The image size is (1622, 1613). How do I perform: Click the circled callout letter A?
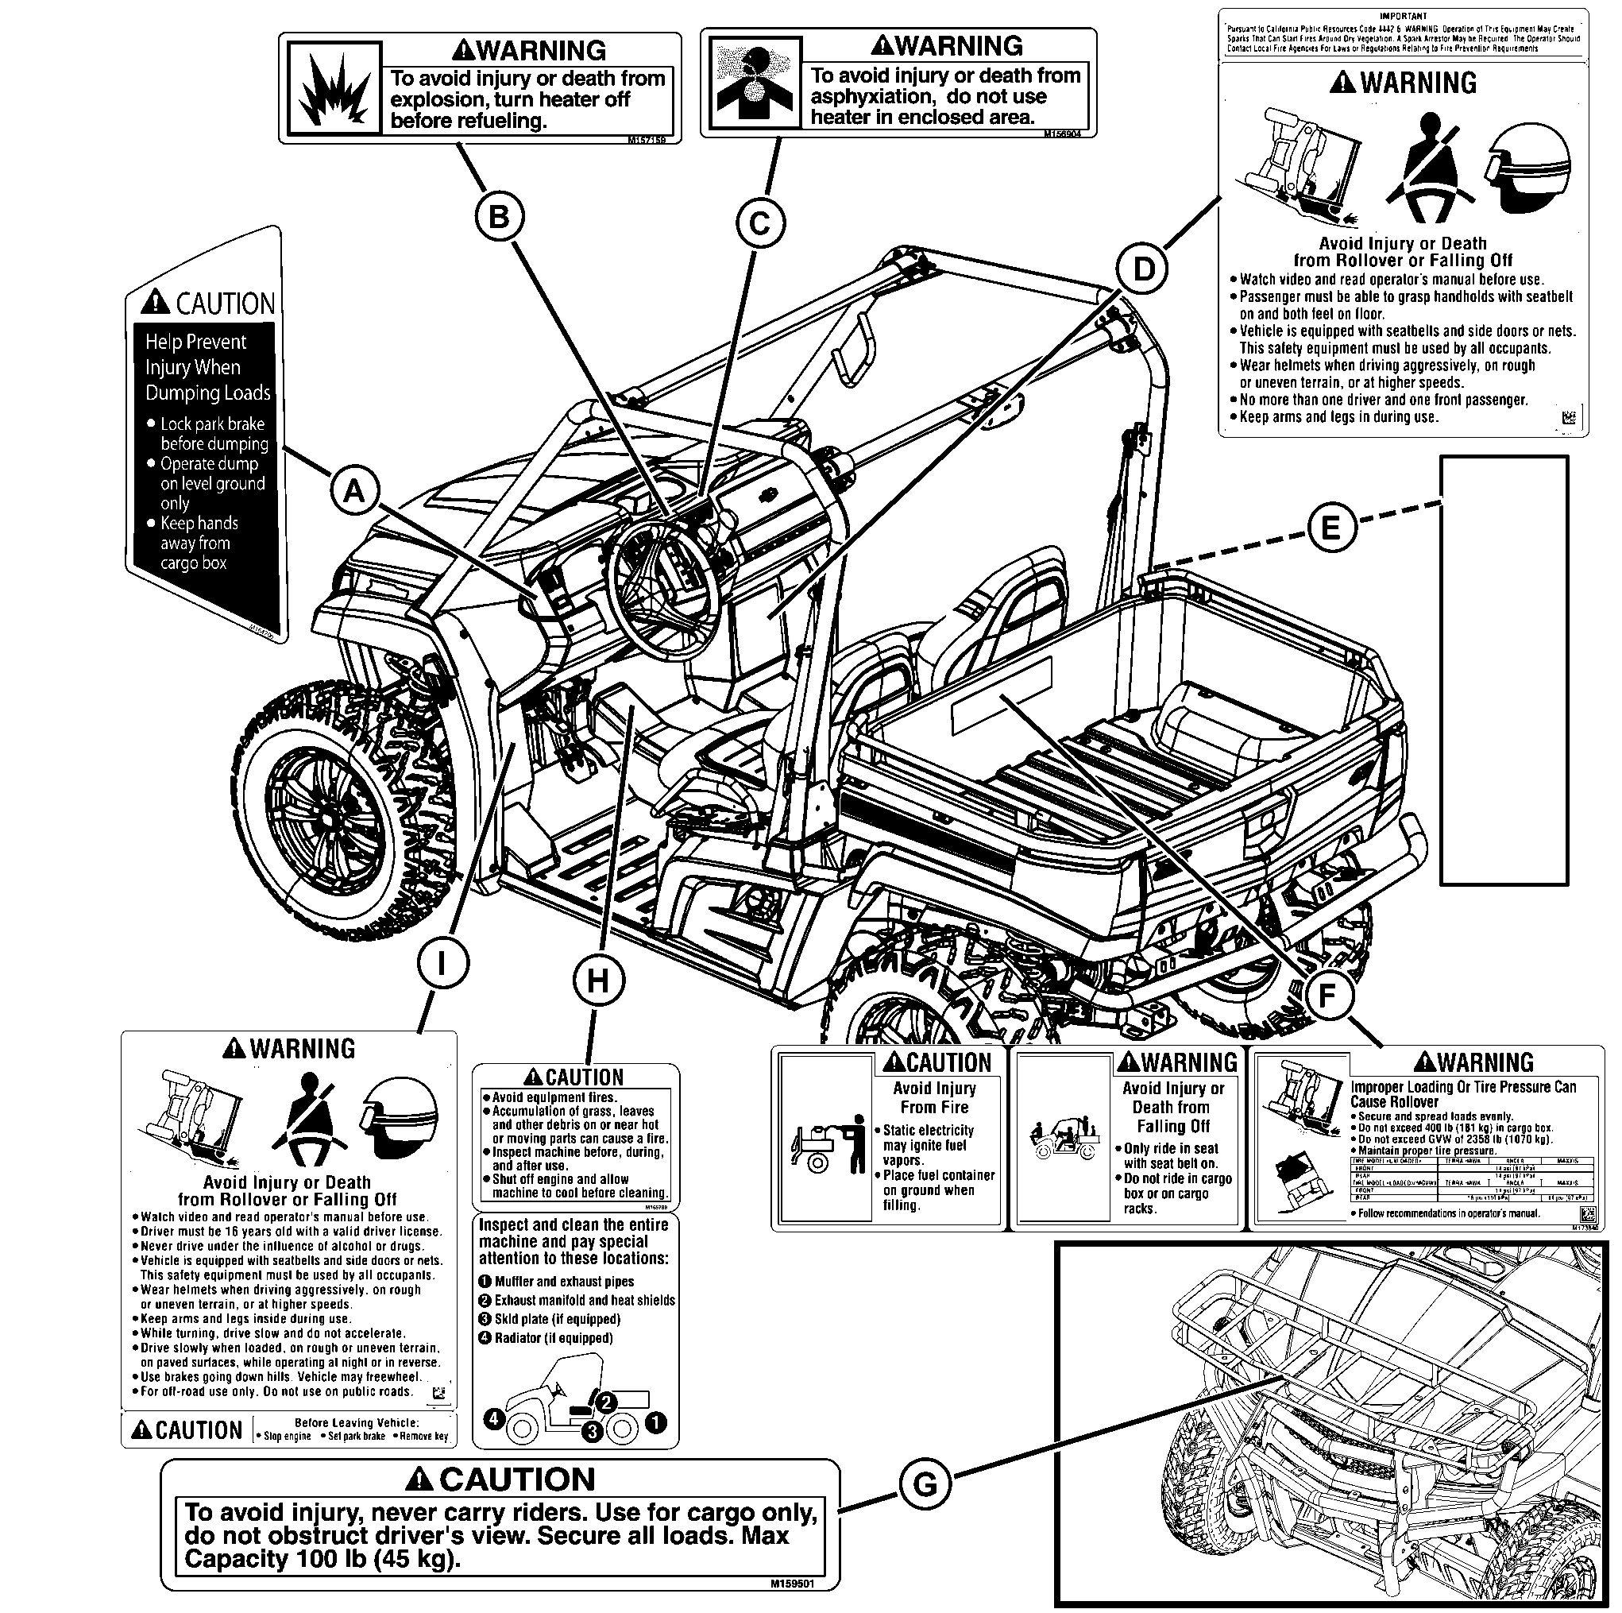354,489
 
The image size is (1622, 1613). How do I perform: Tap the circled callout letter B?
500,217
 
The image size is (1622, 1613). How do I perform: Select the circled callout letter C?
760,223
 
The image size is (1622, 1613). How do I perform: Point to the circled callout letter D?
1142,269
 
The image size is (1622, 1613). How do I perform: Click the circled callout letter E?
1330,528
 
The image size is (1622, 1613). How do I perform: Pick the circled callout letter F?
1327,995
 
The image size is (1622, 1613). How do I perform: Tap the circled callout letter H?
598,979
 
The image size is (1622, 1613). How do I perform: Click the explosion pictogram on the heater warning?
334,90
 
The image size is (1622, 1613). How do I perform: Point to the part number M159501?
792,1583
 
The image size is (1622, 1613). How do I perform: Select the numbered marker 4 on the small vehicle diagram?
493,1418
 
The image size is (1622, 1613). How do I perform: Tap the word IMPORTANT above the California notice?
1403,16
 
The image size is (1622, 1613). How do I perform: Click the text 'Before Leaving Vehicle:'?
356,1422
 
